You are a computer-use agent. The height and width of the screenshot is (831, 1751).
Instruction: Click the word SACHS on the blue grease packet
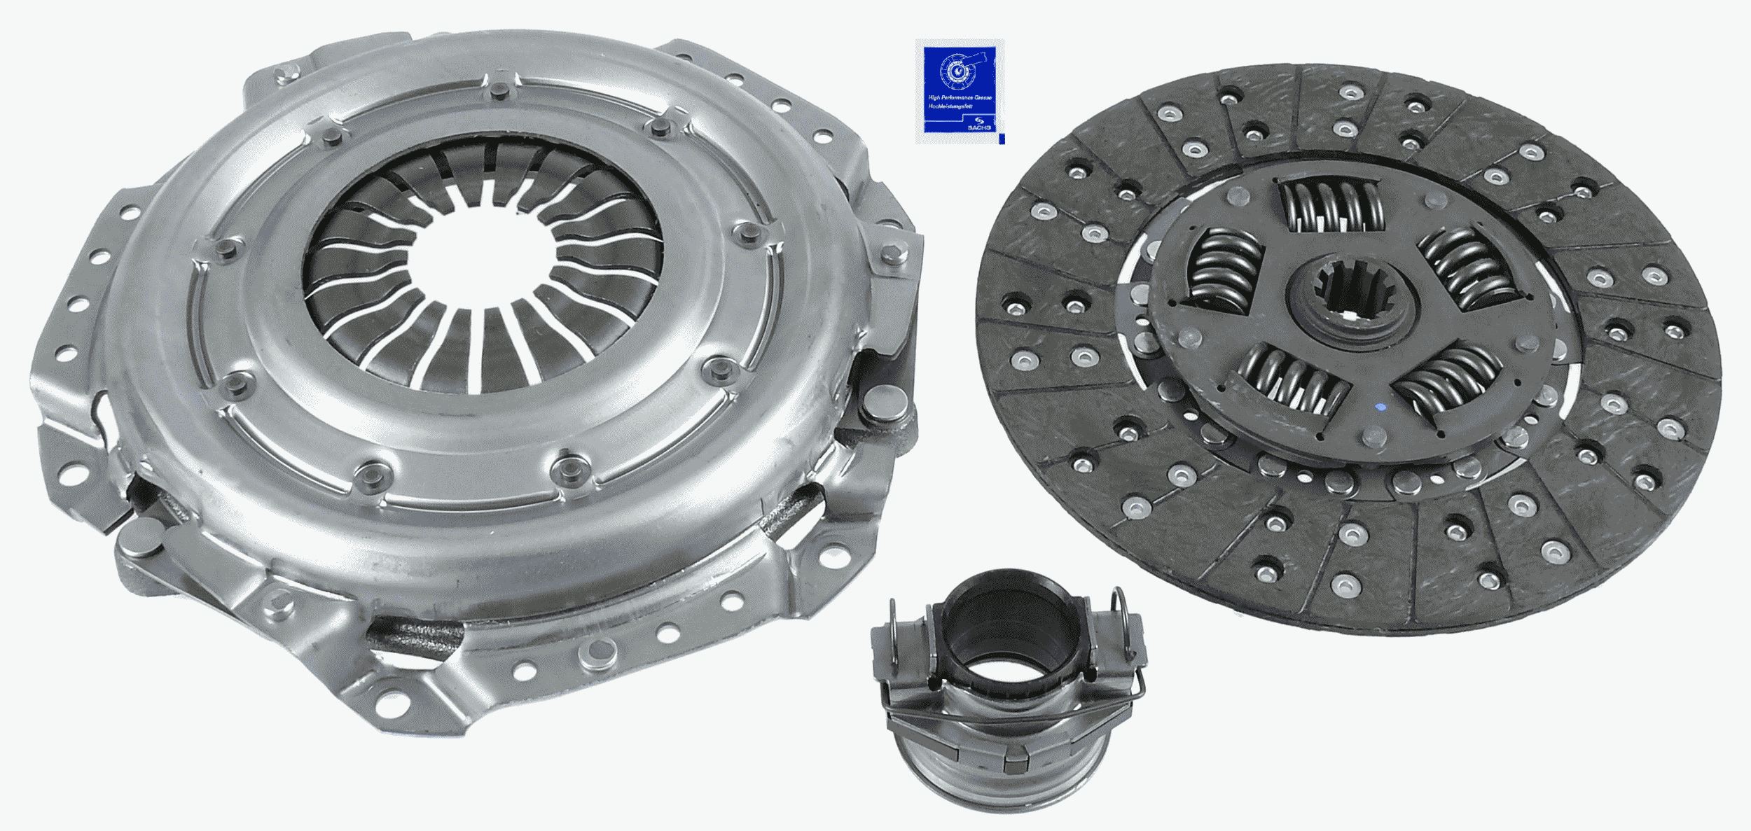[x=978, y=127]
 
